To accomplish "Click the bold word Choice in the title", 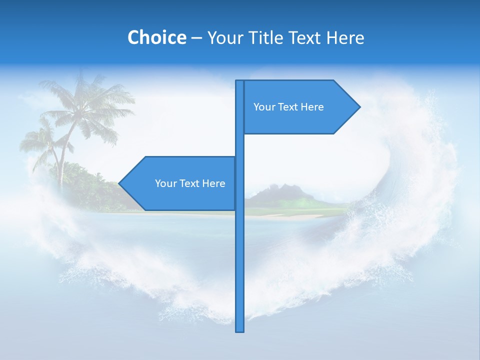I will click(x=156, y=37).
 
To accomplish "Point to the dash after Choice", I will click(x=196, y=38).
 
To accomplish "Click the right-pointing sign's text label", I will click(x=288, y=107).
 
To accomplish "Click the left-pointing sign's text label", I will click(x=190, y=183).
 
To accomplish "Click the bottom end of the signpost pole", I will click(x=240, y=330).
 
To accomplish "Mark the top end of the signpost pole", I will click(x=240, y=82).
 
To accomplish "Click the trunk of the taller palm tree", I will click(x=67, y=150).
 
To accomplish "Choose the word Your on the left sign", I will click(x=165, y=183).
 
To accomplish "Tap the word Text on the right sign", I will click(x=288, y=107).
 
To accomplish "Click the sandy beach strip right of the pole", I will click(x=295, y=216).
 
